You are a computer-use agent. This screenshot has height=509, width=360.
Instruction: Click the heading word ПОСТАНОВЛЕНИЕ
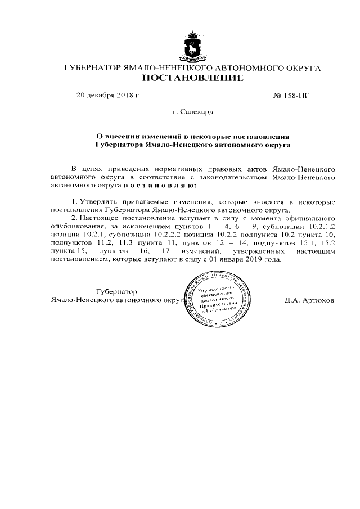click(192, 78)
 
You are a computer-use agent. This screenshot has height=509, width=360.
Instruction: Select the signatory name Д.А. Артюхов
click(309, 300)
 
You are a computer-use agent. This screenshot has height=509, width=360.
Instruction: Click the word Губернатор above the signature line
click(116, 292)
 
